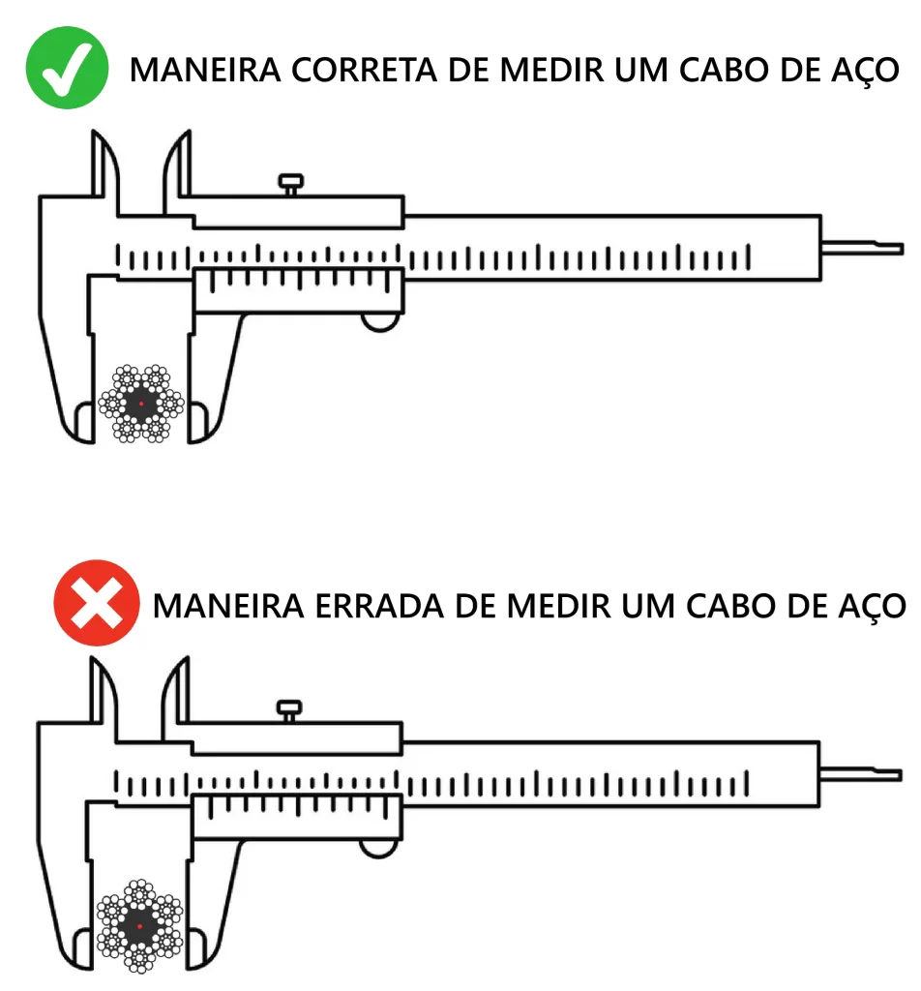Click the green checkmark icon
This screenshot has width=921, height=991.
(x=67, y=68)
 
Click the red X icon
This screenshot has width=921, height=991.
(x=96, y=602)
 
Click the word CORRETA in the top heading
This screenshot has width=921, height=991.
(x=364, y=70)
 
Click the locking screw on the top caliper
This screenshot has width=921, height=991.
(x=290, y=184)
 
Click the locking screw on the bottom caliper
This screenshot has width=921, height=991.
(x=288, y=709)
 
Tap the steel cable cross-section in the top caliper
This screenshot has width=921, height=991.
(x=141, y=404)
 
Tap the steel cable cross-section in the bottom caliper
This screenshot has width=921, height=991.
(x=139, y=926)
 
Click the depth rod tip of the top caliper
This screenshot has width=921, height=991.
(x=902, y=249)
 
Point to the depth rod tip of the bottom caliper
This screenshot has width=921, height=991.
(x=900, y=775)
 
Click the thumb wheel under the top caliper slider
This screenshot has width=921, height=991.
(x=380, y=322)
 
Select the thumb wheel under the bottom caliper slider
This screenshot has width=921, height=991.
(x=378, y=848)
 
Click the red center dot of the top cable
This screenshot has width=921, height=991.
(x=141, y=404)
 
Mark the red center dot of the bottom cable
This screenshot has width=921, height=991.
(x=139, y=926)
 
